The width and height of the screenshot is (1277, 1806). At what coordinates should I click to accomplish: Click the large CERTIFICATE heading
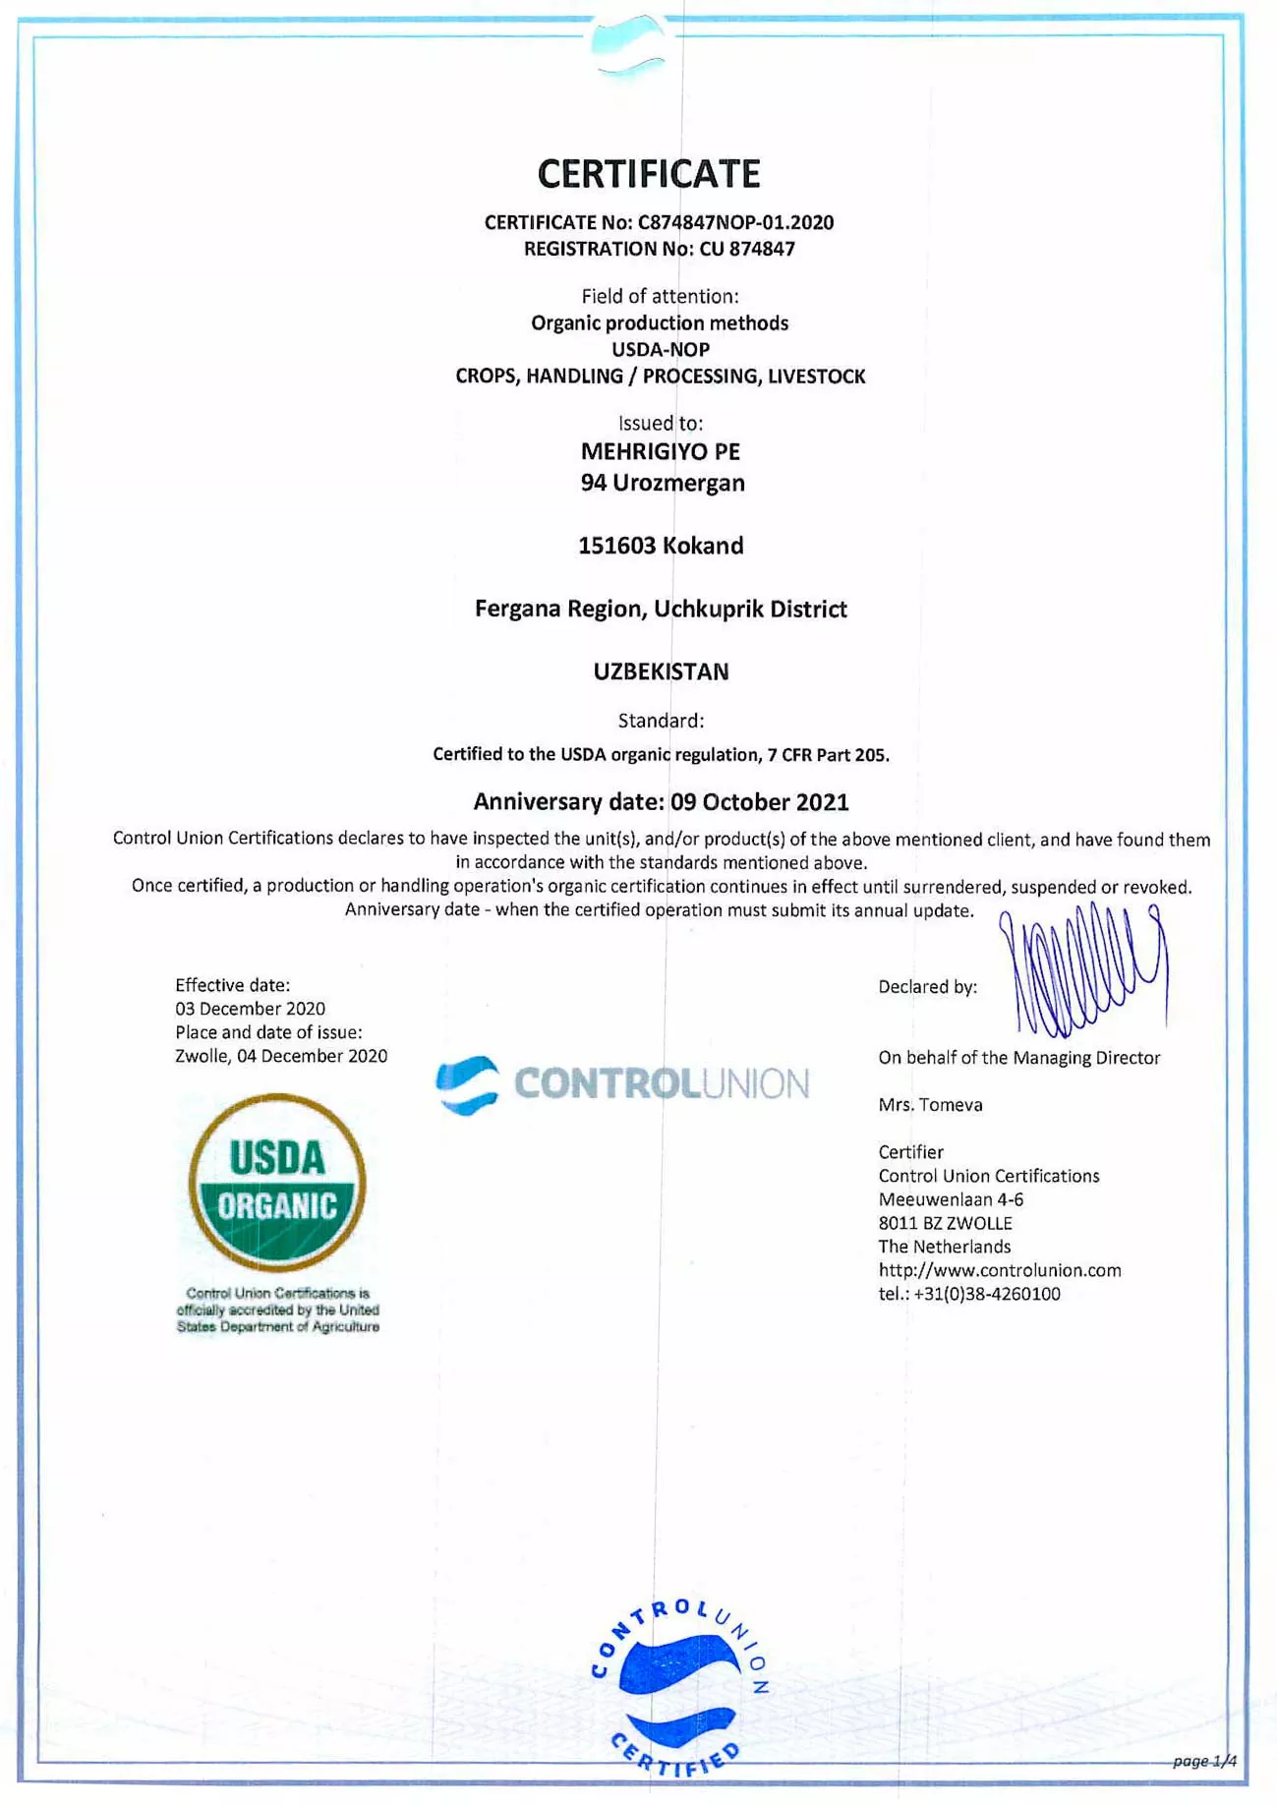[649, 174]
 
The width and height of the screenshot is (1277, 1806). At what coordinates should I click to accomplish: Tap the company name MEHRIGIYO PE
[661, 452]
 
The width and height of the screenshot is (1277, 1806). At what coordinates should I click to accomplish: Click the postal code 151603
[616, 547]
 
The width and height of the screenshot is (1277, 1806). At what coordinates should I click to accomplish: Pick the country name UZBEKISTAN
[661, 672]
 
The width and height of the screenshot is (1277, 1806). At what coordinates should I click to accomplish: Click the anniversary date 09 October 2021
[760, 802]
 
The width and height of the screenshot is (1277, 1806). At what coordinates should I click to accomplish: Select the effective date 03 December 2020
[250, 1009]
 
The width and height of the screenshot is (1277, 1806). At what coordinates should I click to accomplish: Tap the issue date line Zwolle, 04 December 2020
[281, 1056]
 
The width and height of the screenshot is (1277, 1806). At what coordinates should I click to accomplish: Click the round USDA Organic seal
[277, 1183]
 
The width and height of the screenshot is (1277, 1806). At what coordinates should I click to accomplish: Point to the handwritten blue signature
[1086, 973]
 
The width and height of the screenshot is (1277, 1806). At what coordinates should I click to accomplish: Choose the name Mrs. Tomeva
[930, 1105]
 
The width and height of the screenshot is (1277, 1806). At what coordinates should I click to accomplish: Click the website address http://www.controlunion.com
[1000, 1270]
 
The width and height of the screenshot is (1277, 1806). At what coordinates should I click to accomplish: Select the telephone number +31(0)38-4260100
[987, 1295]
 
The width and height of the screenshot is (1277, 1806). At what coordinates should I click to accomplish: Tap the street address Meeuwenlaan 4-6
[951, 1199]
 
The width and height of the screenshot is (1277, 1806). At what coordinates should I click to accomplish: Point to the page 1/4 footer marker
[1204, 1761]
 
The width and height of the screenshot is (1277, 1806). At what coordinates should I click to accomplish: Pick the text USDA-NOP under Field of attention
[661, 350]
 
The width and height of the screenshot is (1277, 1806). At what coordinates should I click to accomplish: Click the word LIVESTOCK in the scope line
[816, 377]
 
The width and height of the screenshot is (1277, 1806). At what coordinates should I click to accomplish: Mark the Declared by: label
[927, 987]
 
